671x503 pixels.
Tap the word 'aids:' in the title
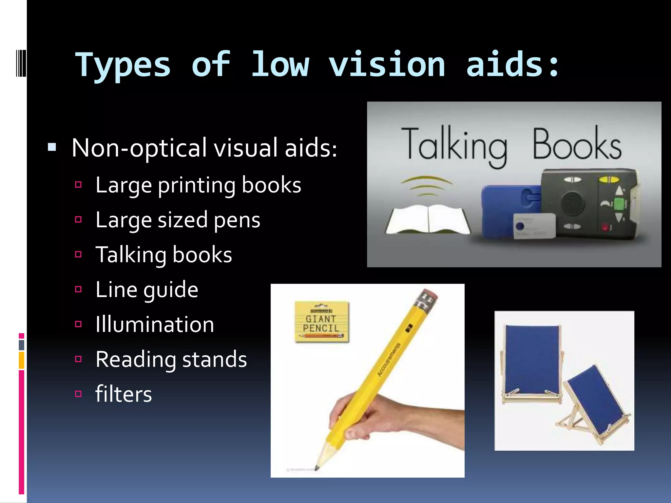(513, 65)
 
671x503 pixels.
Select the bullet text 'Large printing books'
(198, 185)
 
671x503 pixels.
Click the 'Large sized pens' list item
(178, 220)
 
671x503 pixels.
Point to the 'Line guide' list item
(147, 290)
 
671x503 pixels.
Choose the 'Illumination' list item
(155, 325)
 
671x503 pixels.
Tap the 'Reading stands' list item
(171, 360)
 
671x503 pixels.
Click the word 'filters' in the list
(124, 394)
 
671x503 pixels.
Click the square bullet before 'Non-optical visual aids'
(52, 147)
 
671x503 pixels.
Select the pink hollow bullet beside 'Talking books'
(78, 254)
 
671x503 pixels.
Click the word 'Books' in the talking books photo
(577, 144)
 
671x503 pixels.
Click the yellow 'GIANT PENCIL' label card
(321, 322)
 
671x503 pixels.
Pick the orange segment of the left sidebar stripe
(21, 360)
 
